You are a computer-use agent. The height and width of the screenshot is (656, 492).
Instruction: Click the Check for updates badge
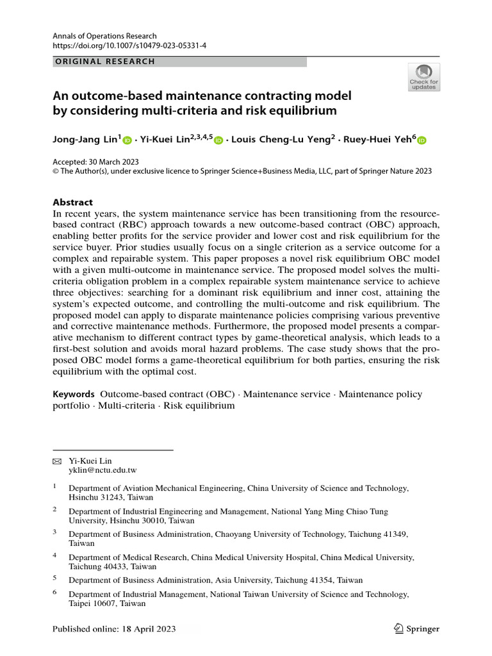(x=423, y=77)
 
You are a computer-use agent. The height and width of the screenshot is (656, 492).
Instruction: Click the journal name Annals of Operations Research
(x=104, y=37)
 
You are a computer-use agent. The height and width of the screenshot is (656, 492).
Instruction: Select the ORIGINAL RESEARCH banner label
(x=104, y=61)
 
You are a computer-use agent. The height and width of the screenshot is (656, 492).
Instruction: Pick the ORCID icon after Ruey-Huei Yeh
(x=422, y=140)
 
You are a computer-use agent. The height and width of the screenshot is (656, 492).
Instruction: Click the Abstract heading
(x=72, y=201)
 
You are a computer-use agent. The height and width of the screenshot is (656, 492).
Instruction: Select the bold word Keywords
(x=74, y=394)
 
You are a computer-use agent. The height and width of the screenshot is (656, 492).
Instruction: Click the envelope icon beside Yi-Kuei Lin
(x=56, y=461)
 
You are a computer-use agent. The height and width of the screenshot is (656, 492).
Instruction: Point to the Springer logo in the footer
(x=417, y=628)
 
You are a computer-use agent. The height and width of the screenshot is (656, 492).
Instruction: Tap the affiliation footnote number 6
(x=54, y=593)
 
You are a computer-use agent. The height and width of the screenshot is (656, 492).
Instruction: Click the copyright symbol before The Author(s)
(x=56, y=171)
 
